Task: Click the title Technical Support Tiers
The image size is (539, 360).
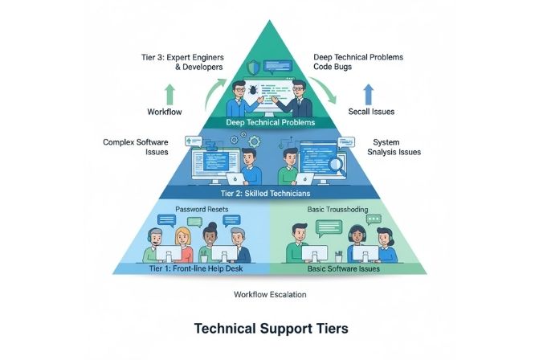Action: coord(269,329)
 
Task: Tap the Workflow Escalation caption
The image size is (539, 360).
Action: coord(269,294)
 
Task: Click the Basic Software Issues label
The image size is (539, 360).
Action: coord(344,268)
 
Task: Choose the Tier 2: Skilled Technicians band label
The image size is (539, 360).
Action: coord(269,194)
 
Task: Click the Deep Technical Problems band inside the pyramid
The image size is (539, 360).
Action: coord(270,123)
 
